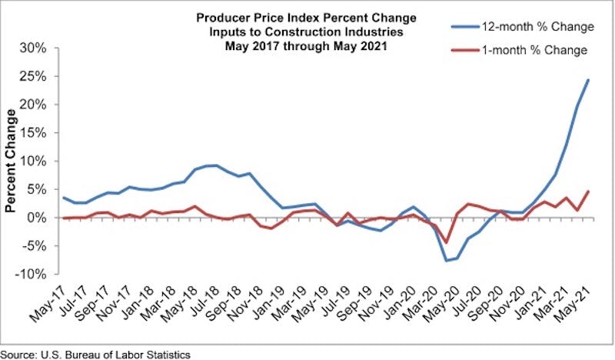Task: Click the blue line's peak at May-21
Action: (x=588, y=80)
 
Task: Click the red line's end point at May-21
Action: (x=588, y=192)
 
